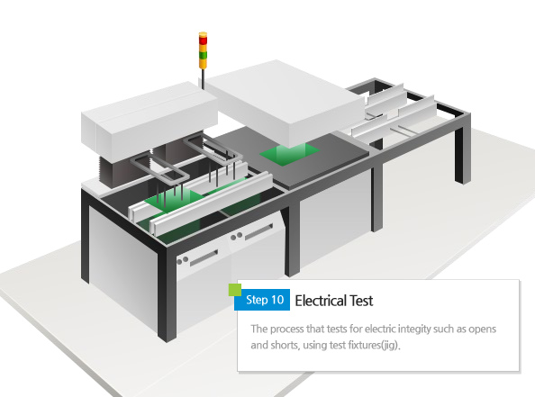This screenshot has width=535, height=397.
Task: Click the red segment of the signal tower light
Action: coord(203,41)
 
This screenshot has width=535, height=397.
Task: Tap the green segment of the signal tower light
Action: coord(203,55)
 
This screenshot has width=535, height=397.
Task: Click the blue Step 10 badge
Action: coord(262,300)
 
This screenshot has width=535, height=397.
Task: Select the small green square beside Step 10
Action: coord(235,290)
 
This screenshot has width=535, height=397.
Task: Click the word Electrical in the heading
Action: coord(320,301)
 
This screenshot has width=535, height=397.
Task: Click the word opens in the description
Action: coord(483,329)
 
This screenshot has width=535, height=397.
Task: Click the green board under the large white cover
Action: coord(289,153)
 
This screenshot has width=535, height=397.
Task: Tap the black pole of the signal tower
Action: coord(203,79)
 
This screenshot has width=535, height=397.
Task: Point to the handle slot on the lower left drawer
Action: coord(204,258)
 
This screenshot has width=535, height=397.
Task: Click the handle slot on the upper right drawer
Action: coord(259,231)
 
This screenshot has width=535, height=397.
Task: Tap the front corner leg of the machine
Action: coord(168,294)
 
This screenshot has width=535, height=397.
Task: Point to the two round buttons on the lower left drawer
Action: coord(183,260)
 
